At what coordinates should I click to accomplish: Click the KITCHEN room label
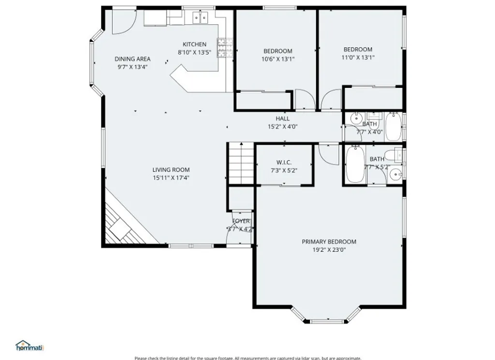[194, 44]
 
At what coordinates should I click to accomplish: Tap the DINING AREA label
[132, 59]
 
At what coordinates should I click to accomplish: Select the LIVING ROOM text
[171, 170]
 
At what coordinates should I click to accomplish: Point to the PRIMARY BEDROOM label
[329, 242]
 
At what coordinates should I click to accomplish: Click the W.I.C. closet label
[284, 162]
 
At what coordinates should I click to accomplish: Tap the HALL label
[283, 118]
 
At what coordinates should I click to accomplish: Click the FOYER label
[241, 221]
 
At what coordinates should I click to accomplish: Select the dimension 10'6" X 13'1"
[277, 59]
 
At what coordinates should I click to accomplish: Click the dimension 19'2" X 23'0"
[329, 250]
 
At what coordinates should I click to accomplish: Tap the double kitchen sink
[201, 18]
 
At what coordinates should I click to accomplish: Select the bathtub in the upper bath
[394, 127]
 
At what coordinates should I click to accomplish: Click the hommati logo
[29, 346]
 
